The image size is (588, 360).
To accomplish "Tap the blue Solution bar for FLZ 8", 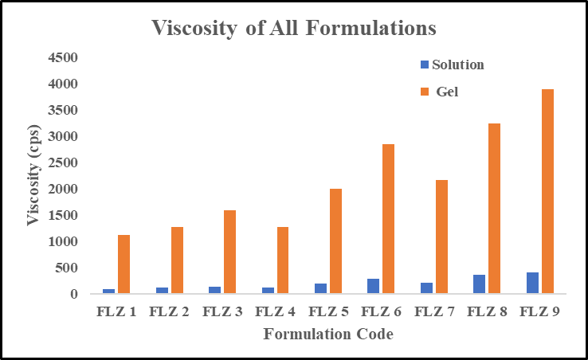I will (480, 284).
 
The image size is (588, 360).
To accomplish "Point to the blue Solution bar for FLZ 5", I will (320, 288).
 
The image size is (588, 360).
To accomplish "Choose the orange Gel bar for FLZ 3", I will (229, 252).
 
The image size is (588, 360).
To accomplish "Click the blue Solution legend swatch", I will (425, 65).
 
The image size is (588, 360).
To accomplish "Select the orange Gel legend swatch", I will (425, 92).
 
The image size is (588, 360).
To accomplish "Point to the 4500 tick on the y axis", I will (61, 58).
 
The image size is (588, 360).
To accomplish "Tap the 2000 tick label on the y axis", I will (61, 190).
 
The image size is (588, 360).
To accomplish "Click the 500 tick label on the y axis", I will (66, 268).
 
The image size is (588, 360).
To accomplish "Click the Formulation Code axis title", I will (328, 335).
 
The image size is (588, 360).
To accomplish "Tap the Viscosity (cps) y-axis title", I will (33, 175).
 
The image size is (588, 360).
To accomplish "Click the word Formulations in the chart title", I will (367, 29).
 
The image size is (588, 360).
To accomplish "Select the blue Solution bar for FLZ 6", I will (374, 286).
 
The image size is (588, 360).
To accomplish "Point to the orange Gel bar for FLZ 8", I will (495, 209).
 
